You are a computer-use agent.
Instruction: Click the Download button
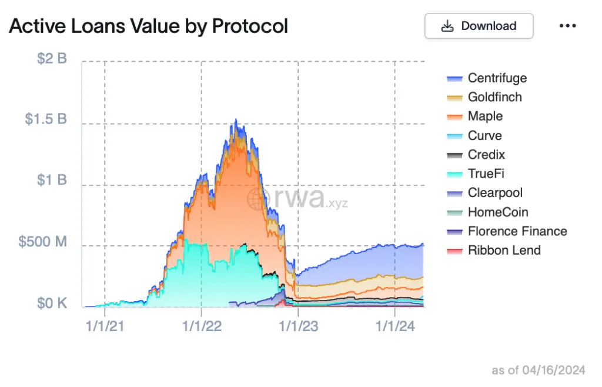tap(479, 26)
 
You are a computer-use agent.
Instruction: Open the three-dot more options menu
tap(567, 26)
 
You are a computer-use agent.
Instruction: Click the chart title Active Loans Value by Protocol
tap(148, 26)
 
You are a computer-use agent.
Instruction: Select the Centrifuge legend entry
tap(497, 78)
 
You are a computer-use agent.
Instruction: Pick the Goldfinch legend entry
tap(494, 97)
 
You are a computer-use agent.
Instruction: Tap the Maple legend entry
tap(485, 116)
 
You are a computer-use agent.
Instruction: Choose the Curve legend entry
tap(484, 136)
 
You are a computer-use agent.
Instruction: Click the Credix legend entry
tap(486, 155)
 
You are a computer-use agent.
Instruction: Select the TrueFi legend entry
tap(486, 174)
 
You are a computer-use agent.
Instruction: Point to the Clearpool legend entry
tap(495, 193)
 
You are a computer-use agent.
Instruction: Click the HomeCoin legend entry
tap(497, 212)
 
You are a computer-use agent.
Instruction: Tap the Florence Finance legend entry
tap(517, 231)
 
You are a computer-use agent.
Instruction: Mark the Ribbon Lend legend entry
tap(504, 251)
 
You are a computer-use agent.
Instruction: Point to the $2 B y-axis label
tap(52, 59)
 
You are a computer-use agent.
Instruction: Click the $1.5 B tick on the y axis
tap(46, 120)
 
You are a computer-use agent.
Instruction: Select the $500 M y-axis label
tap(43, 242)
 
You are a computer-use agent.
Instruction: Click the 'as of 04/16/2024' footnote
tap(538, 370)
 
